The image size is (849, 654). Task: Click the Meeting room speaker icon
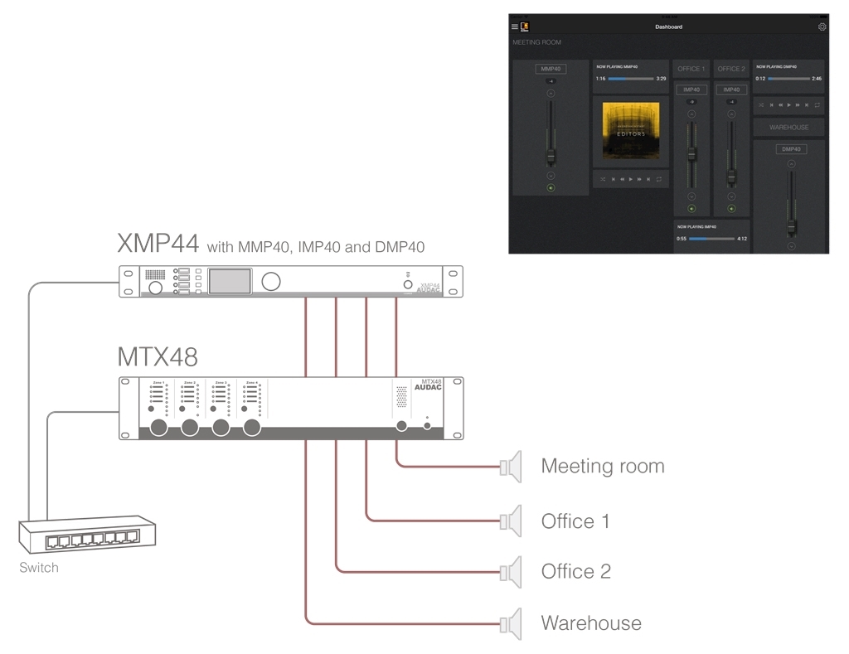coord(512,467)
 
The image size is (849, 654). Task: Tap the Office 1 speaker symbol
coord(512,521)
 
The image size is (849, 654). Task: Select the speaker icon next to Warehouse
coord(512,623)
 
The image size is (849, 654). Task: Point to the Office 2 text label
coord(575,571)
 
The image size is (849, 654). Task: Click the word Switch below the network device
coord(39,568)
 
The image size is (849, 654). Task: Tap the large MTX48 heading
coord(158,357)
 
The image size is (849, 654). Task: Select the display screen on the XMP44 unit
coord(230,281)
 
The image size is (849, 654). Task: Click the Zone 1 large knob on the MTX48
coord(159,427)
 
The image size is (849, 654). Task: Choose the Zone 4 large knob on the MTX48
coord(251,427)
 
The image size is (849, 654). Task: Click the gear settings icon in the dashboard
coord(822,27)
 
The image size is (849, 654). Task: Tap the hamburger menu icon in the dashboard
coord(515,27)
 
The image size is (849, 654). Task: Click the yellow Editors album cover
coord(630,130)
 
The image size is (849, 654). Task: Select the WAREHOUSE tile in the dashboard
coord(788,128)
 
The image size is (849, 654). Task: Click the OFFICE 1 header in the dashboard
coord(691,69)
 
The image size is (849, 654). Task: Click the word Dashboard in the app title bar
coord(668,27)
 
